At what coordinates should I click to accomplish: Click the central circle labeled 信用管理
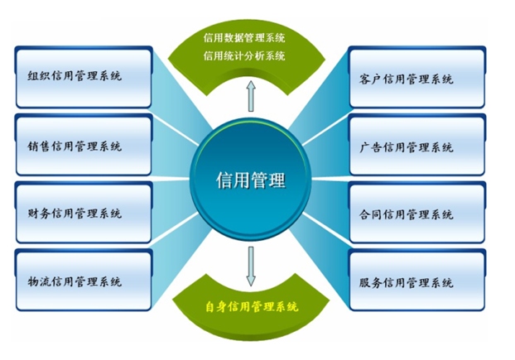pyautogui.click(x=251, y=180)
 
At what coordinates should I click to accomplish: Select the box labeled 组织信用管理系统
pyautogui.click(x=84, y=77)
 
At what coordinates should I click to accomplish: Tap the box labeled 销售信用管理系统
pyautogui.click(x=84, y=145)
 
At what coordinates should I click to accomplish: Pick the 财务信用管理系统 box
pyautogui.click(x=84, y=213)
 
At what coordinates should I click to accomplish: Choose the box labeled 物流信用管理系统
pyautogui.click(x=84, y=280)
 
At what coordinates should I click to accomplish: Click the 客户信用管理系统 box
pyautogui.click(x=417, y=77)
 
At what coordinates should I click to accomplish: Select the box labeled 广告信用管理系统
pyautogui.click(x=417, y=145)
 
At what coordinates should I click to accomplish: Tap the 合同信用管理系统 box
pyautogui.click(x=417, y=213)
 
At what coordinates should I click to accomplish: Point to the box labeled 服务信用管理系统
pyautogui.click(x=417, y=280)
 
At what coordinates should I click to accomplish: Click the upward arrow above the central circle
pyautogui.click(x=251, y=96)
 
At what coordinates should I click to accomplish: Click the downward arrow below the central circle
pyautogui.click(x=251, y=266)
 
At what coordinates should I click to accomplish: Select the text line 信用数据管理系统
pyautogui.click(x=244, y=38)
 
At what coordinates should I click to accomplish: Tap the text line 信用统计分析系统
pyautogui.click(x=244, y=55)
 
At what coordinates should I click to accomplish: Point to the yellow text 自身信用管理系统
pyautogui.click(x=252, y=306)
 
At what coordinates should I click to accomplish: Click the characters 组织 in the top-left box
pyautogui.click(x=39, y=76)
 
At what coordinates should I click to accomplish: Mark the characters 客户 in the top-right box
pyautogui.click(x=371, y=79)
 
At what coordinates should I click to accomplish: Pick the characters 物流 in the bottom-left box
pyautogui.click(x=39, y=281)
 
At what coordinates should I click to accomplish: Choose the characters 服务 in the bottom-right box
pyautogui.click(x=371, y=282)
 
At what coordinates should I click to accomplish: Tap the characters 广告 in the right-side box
pyautogui.click(x=371, y=147)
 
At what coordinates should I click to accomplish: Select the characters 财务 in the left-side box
pyautogui.click(x=39, y=214)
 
